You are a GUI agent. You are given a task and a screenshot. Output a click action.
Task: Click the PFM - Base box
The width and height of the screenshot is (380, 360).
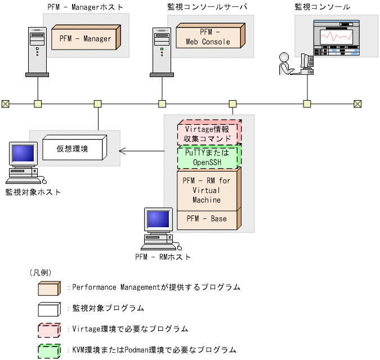(207, 219)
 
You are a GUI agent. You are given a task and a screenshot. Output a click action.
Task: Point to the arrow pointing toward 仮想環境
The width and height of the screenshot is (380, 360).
(141, 150)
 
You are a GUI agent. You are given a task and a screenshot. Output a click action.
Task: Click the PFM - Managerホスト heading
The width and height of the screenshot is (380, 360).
(85, 7)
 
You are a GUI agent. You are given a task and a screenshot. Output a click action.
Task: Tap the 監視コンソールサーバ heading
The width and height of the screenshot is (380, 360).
(208, 7)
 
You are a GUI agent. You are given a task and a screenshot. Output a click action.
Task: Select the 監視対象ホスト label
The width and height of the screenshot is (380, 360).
(33, 192)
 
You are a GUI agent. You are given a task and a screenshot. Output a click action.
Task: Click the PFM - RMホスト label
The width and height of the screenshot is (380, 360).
(163, 257)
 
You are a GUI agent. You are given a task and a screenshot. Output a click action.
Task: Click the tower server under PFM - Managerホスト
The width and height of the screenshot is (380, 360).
(37, 52)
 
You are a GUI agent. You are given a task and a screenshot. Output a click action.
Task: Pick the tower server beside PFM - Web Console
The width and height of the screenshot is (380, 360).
(162, 52)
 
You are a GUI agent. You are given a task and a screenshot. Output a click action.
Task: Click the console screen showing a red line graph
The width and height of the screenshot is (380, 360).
(336, 38)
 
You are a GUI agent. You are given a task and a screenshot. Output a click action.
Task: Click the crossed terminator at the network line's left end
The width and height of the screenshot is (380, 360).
(5, 103)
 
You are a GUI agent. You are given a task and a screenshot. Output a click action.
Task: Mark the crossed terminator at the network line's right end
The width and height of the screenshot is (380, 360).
(357, 103)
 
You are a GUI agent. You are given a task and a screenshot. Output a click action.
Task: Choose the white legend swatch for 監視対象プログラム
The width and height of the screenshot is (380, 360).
(49, 308)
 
